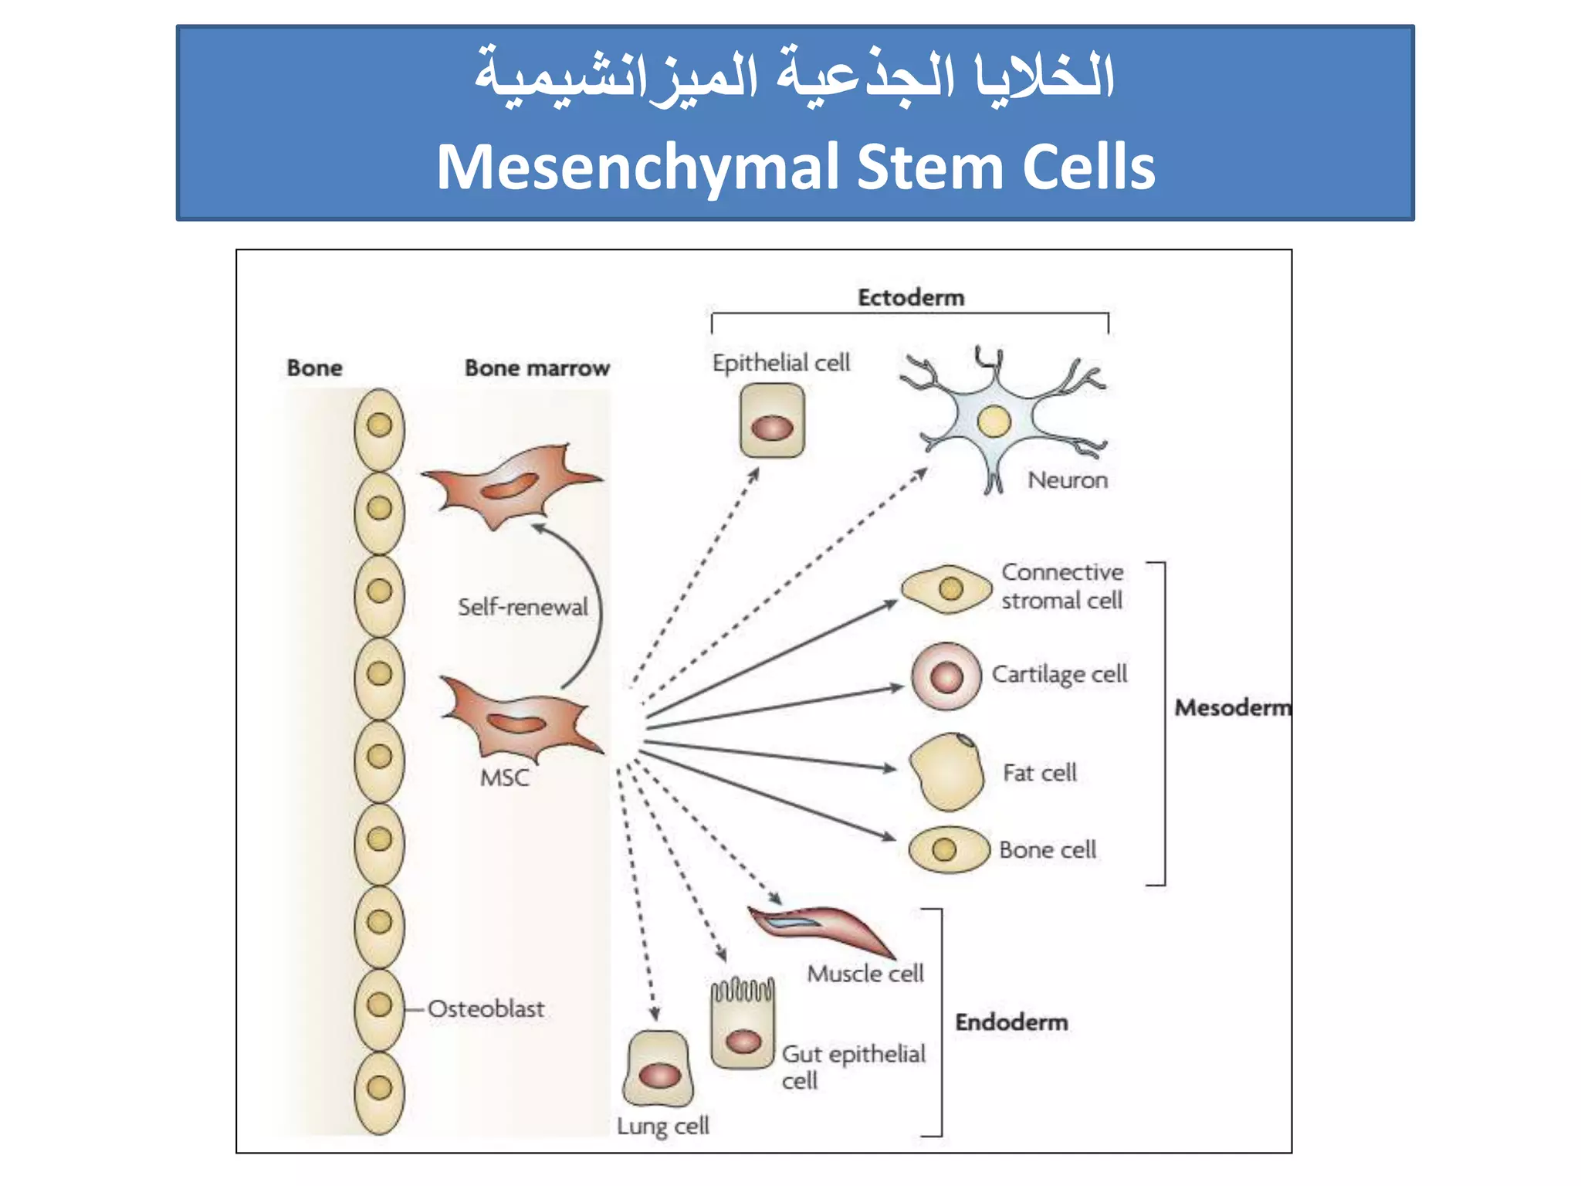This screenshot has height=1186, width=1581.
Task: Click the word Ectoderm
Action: pyautogui.click(x=911, y=297)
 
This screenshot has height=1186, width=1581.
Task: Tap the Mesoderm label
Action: pyautogui.click(x=1232, y=707)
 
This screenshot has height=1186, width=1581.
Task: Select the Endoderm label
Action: pyautogui.click(x=1011, y=1022)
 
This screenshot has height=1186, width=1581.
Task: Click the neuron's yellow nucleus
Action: pyautogui.click(x=994, y=421)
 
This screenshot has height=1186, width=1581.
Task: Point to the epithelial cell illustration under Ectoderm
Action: pyautogui.click(x=772, y=422)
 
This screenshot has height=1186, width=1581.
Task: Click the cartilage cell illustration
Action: pyautogui.click(x=946, y=676)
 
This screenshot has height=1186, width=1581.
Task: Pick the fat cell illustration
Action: pyautogui.click(x=946, y=772)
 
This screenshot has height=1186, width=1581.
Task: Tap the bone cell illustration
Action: pyautogui.click(x=949, y=849)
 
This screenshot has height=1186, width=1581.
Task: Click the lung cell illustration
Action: pyautogui.click(x=658, y=1069)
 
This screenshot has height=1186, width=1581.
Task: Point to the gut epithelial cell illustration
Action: pyautogui.click(x=743, y=1027)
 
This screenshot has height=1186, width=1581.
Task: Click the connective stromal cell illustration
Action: pyautogui.click(x=946, y=590)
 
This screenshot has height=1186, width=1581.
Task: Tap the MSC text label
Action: pyautogui.click(x=505, y=778)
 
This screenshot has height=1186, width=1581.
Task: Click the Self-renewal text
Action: pyautogui.click(x=523, y=607)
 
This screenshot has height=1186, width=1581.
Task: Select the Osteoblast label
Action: pyautogui.click(x=486, y=1008)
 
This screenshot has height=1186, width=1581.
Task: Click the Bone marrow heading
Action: pyautogui.click(x=537, y=368)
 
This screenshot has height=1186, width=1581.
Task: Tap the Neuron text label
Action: pyautogui.click(x=1068, y=480)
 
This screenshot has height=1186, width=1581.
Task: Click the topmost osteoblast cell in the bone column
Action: pyautogui.click(x=379, y=427)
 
